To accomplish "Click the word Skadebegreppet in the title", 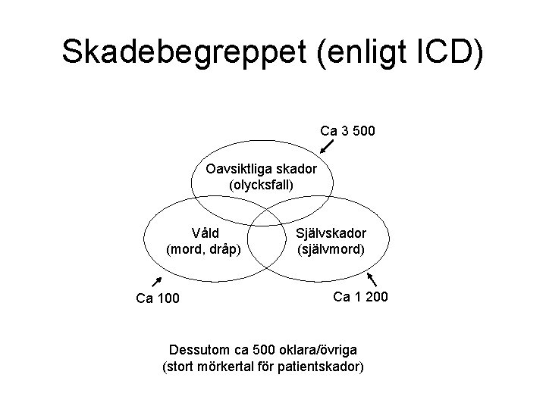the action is [181, 53].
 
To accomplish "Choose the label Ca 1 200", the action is [361, 296].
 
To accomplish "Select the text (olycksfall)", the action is [260, 184].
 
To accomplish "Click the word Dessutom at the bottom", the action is [200, 351].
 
